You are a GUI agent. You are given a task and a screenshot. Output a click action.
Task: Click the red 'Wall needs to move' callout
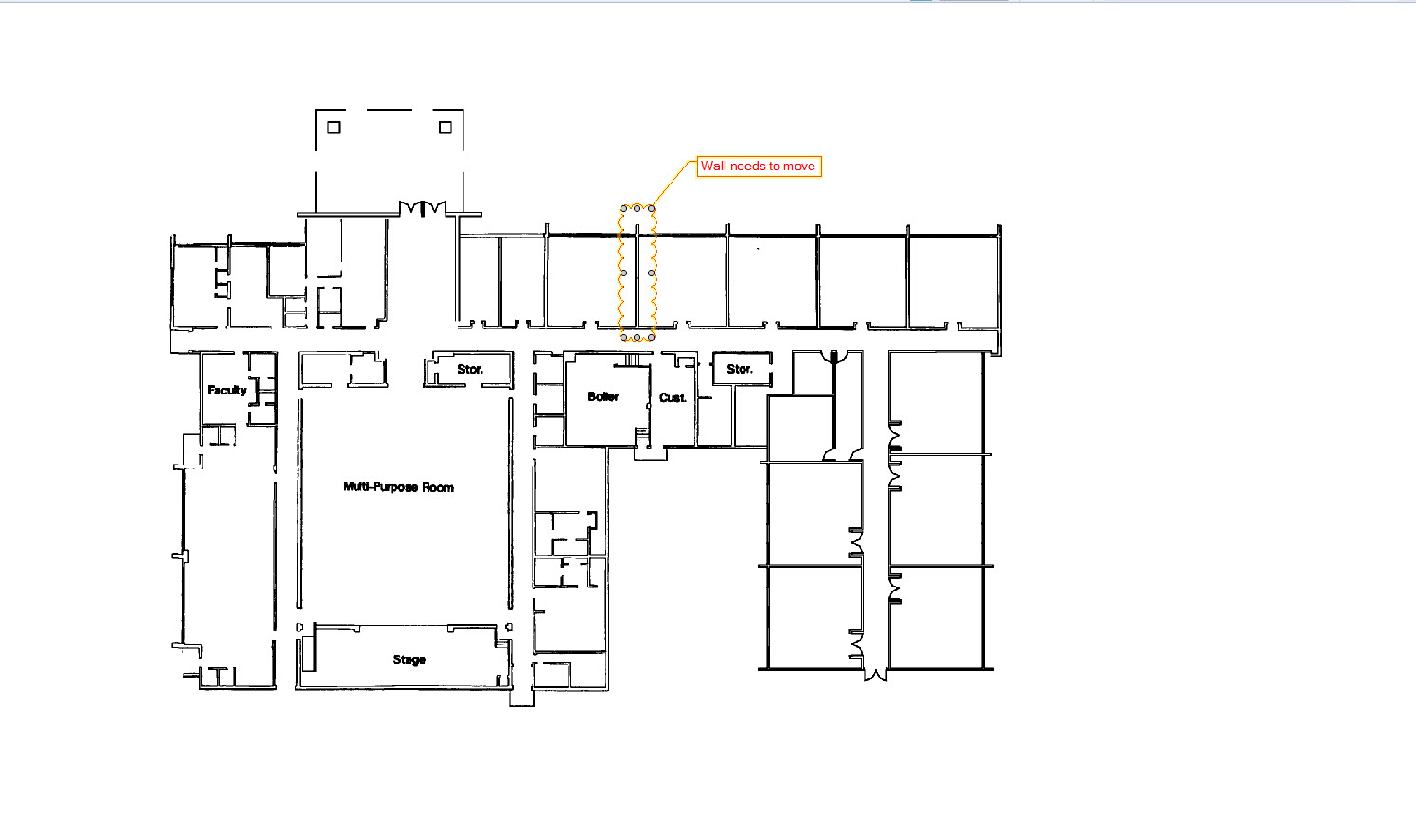(x=759, y=166)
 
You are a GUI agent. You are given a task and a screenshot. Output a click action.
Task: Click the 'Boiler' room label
(x=603, y=397)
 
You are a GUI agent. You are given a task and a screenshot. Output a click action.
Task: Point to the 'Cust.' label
(x=673, y=398)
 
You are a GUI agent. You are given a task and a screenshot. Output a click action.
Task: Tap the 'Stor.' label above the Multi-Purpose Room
(x=470, y=369)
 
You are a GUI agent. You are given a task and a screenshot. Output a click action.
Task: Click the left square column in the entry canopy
(x=334, y=127)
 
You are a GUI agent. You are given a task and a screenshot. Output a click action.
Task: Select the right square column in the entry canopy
(x=445, y=127)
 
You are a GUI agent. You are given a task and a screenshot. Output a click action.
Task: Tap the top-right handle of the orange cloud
(x=651, y=209)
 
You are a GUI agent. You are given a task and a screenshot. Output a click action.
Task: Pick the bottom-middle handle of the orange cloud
(x=637, y=337)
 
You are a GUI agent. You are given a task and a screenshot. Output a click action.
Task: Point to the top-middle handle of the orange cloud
(x=637, y=209)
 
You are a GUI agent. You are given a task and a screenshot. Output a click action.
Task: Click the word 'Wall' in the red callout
(x=713, y=166)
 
